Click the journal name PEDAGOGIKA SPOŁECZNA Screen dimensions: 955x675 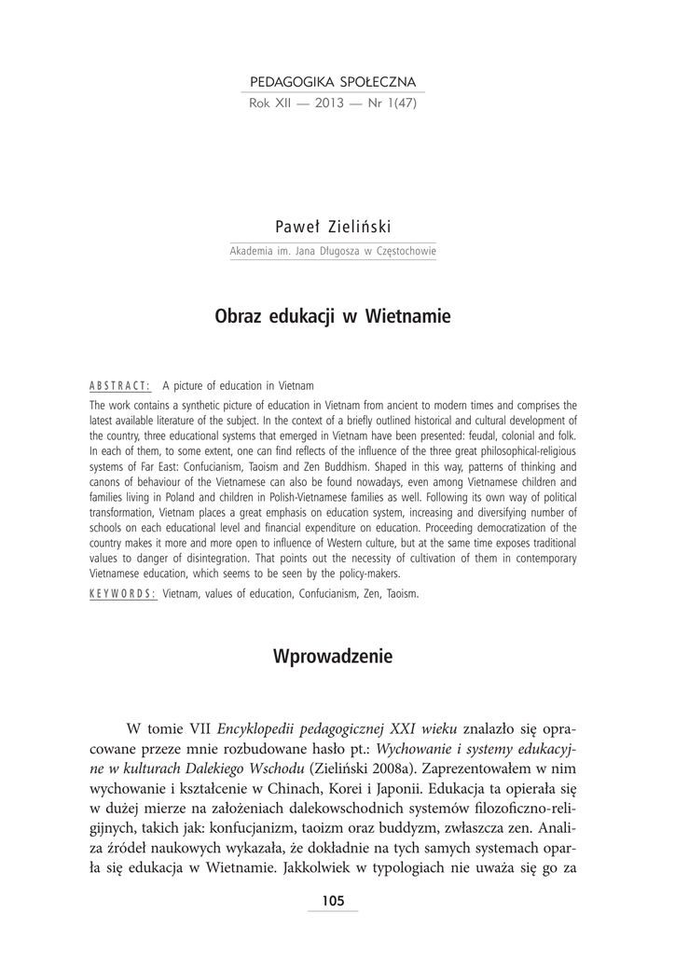pos(333,82)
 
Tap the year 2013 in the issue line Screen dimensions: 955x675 pos(333,103)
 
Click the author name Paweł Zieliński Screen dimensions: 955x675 pos(333,228)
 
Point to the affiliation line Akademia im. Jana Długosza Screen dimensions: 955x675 pos(333,252)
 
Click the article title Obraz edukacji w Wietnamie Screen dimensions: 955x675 pos(333,317)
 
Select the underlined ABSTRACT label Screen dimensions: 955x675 pos(120,386)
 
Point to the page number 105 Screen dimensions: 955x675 pos(333,900)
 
